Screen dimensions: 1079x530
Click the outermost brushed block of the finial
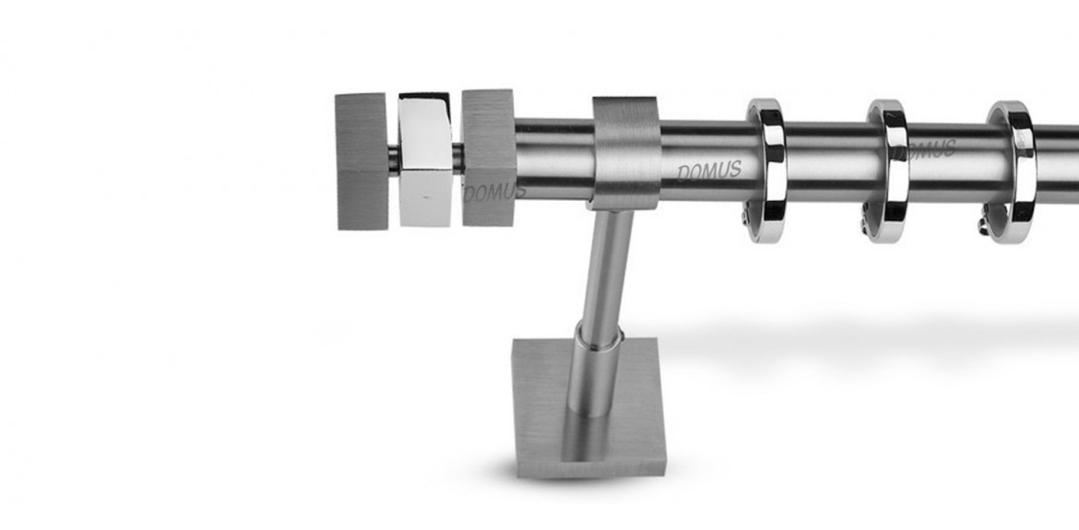pos(362,161)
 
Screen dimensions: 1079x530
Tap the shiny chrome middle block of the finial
pos(425,159)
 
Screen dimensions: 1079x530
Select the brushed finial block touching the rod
pos(489,159)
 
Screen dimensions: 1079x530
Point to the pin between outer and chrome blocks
pos(394,159)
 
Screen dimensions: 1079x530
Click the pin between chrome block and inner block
pos(456,158)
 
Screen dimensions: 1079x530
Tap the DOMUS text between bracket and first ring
pos(709,171)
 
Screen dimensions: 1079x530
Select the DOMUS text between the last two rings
pos(931,150)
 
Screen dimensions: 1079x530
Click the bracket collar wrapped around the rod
pos(625,153)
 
